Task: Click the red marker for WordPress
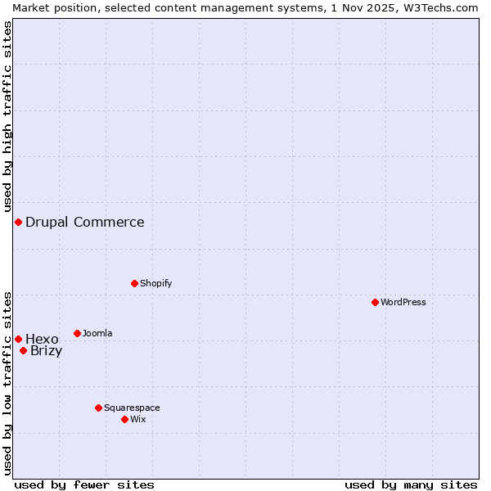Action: point(375,302)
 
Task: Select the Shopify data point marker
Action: point(134,283)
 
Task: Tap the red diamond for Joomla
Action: point(77,333)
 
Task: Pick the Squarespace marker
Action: point(98,408)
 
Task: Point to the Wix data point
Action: point(124,419)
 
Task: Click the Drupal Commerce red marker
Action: point(18,222)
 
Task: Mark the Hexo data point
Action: point(18,339)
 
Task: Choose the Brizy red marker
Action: point(23,350)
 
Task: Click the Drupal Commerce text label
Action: point(85,222)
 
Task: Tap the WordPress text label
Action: point(403,302)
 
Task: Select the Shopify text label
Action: point(156,283)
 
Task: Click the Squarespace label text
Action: point(132,408)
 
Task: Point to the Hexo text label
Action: point(43,339)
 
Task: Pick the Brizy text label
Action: point(47,351)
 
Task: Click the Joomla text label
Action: point(97,333)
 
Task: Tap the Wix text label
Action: point(138,419)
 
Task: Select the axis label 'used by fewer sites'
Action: point(84,484)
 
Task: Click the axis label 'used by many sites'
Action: point(411,484)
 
